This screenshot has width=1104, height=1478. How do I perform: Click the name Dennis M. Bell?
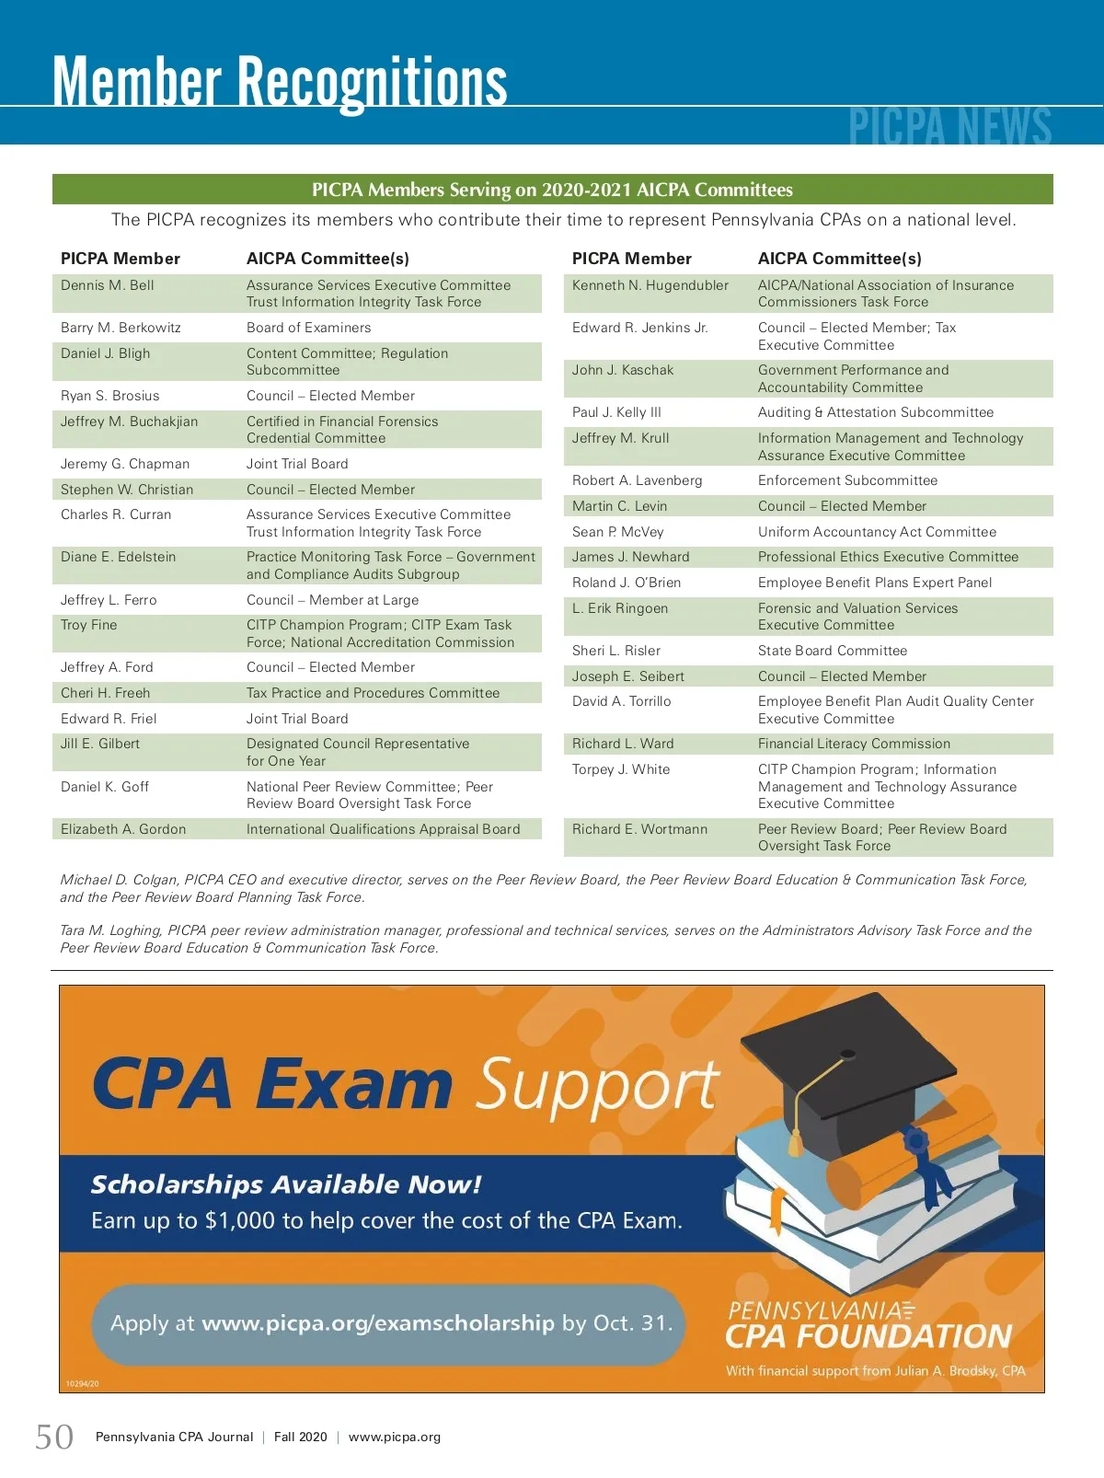[x=108, y=285]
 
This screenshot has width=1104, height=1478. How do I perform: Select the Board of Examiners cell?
[x=308, y=328]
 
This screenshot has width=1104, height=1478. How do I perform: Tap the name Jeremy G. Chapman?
[x=125, y=464]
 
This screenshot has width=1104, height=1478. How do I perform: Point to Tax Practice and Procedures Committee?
[x=373, y=693]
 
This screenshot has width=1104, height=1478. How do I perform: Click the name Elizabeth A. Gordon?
[x=123, y=829]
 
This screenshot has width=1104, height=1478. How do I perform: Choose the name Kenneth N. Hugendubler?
[x=650, y=285]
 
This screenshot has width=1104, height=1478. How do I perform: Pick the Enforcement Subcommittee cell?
[x=847, y=480]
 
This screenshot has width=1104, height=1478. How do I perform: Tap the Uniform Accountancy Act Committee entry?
[x=877, y=532]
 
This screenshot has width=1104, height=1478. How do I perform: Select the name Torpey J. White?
[x=621, y=769]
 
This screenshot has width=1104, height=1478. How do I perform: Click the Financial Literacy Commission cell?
[x=854, y=744]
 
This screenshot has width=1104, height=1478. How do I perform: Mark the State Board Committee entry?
[x=832, y=651]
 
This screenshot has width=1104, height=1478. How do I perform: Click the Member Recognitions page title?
[x=280, y=83]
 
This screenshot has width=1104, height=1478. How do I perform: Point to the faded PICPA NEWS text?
[x=949, y=127]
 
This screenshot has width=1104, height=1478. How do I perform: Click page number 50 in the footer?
[x=54, y=1437]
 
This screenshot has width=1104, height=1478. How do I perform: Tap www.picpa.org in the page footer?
[x=395, y=1437]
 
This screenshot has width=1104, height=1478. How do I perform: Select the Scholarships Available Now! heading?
[x=286, y=1184]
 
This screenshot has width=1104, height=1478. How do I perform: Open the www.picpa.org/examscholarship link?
[x=378, y=1323]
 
